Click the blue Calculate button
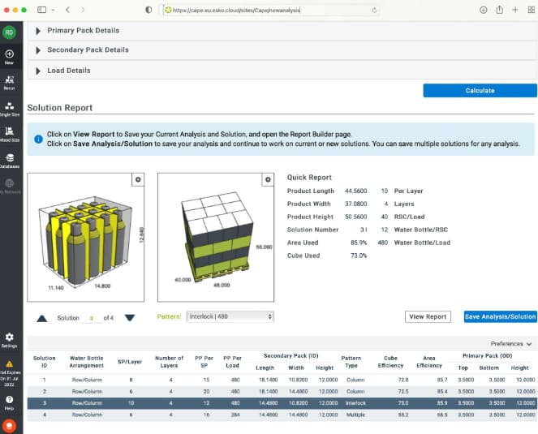pyautogui.click(x=480, y=90)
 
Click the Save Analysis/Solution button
pyautogui.click(x=500, y=316)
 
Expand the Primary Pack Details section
pyautogui.click(x=83, y=31)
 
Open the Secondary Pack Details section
pyautogui.click(x=88, y=50)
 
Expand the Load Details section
pyautogui.click(x=68, y=71)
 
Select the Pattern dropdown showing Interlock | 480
pyautogui.click(x=230, y=316)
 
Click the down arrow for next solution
pyautogui.click(x=129, y=317)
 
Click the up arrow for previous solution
pyautogui.click(x=41, y=317)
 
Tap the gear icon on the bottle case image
pyautogui.click(x=138, y=179)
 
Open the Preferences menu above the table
pyautogui.click(x=511, y=344)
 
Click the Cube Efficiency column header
pyautogui.click(x=392, y=360)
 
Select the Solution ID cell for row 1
pyautogui.click(x=45, y=379)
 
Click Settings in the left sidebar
pyautogui.click(x=9, y=338)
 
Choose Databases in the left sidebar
pyautogui.click(x=9, y=160)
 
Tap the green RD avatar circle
pyautogui.click(x=9, y=32)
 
